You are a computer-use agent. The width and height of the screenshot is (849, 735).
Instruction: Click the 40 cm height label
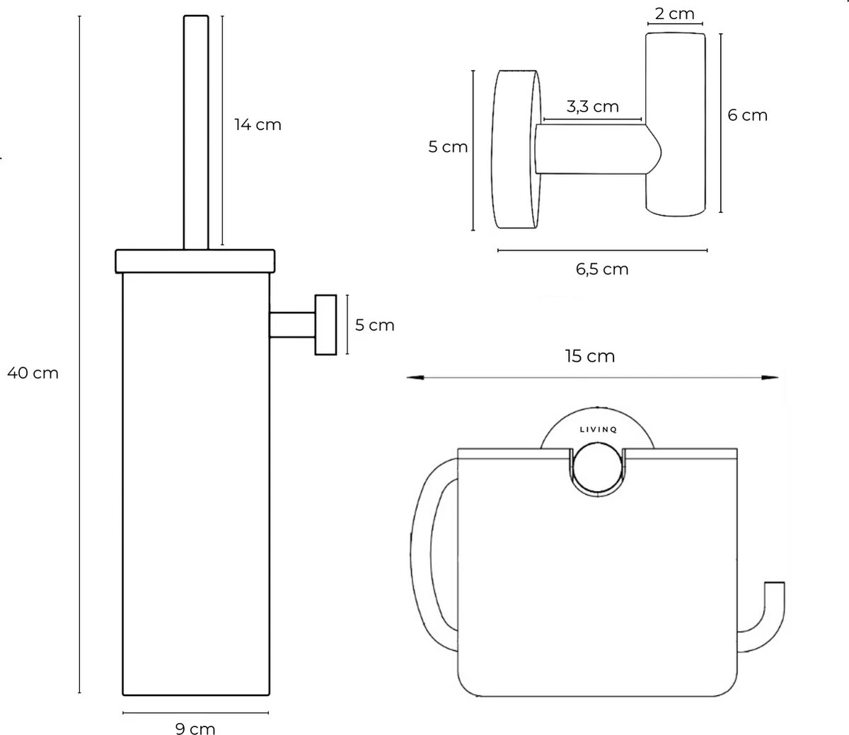pos(33,373)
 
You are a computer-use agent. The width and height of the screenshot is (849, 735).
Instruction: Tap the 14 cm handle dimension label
pos(258,125)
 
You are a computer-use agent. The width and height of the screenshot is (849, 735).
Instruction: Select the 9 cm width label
pos(195,728)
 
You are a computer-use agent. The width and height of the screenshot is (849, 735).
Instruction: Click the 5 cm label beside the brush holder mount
pos(374,325)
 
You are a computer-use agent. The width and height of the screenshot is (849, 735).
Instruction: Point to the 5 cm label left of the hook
pos(448,147)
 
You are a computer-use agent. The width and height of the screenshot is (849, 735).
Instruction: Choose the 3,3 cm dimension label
pos(592,106)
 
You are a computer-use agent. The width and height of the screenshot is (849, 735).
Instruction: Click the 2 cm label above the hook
pos(674,13)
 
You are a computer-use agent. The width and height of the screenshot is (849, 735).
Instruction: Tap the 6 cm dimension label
pos(747,115)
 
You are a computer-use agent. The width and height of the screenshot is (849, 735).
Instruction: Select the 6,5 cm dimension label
pos(601,269)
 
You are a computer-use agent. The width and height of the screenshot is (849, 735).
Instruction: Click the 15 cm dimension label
pos(590,356)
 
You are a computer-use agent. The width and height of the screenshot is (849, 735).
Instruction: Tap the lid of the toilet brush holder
pos(195,260)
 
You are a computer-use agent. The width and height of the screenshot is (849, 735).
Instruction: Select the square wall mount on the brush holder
pos(325,325)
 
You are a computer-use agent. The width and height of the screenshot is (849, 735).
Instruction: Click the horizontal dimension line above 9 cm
pos(195,712)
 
